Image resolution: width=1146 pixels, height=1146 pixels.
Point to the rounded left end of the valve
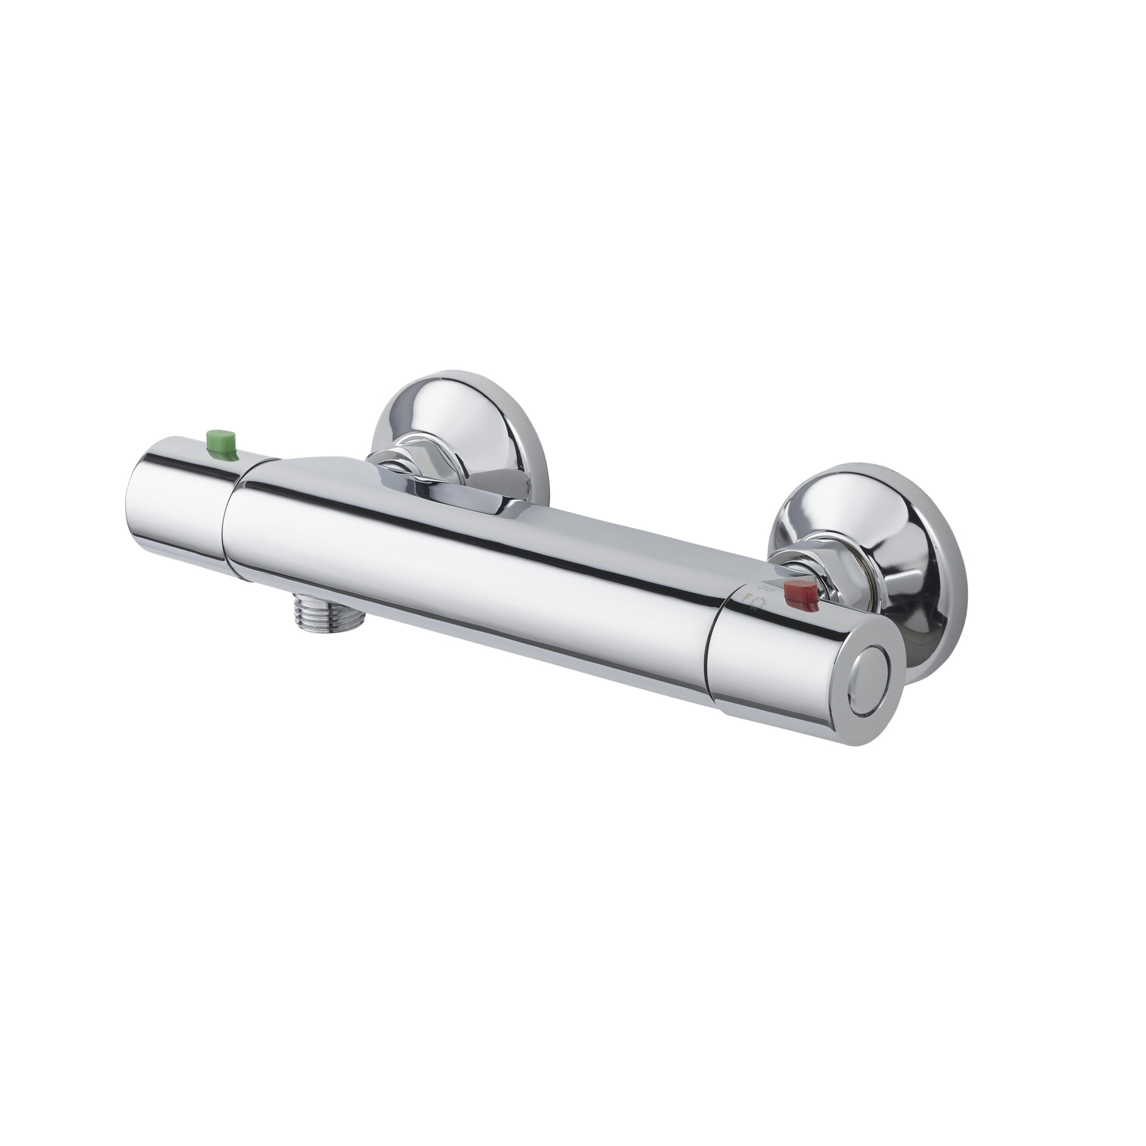[x=134, y=498]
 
